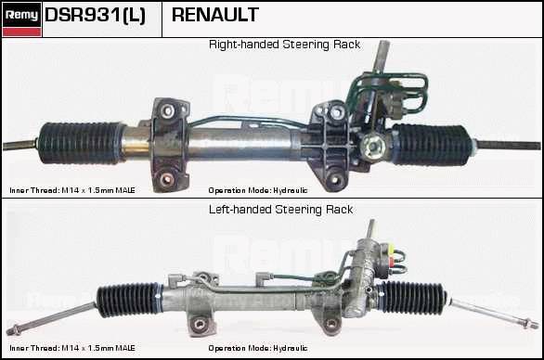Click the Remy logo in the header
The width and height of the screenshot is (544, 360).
click(21, 19)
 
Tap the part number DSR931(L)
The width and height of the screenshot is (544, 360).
click(95, 15)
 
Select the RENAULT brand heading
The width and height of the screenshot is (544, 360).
click(215, 15)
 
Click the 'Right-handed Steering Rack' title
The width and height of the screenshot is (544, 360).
click(284, 45)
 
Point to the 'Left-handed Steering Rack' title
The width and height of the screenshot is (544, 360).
click(280, 210)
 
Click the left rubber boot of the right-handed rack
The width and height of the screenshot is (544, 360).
click(80, 142)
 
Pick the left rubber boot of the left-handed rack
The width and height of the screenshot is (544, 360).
click(129, 300)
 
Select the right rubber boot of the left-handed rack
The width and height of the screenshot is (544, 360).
click(411, 298)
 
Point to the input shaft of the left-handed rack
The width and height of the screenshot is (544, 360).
click(370, 229)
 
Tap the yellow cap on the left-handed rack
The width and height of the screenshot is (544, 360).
click(392, 248)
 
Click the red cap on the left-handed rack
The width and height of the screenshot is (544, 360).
click(392, 261)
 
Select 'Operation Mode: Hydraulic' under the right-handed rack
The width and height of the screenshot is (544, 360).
click(258, 190)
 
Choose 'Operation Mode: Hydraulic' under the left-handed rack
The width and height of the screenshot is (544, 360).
click(258, 348)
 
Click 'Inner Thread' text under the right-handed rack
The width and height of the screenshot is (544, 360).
click(34, 190)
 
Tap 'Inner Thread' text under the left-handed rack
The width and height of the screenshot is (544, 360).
click(34, 348)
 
